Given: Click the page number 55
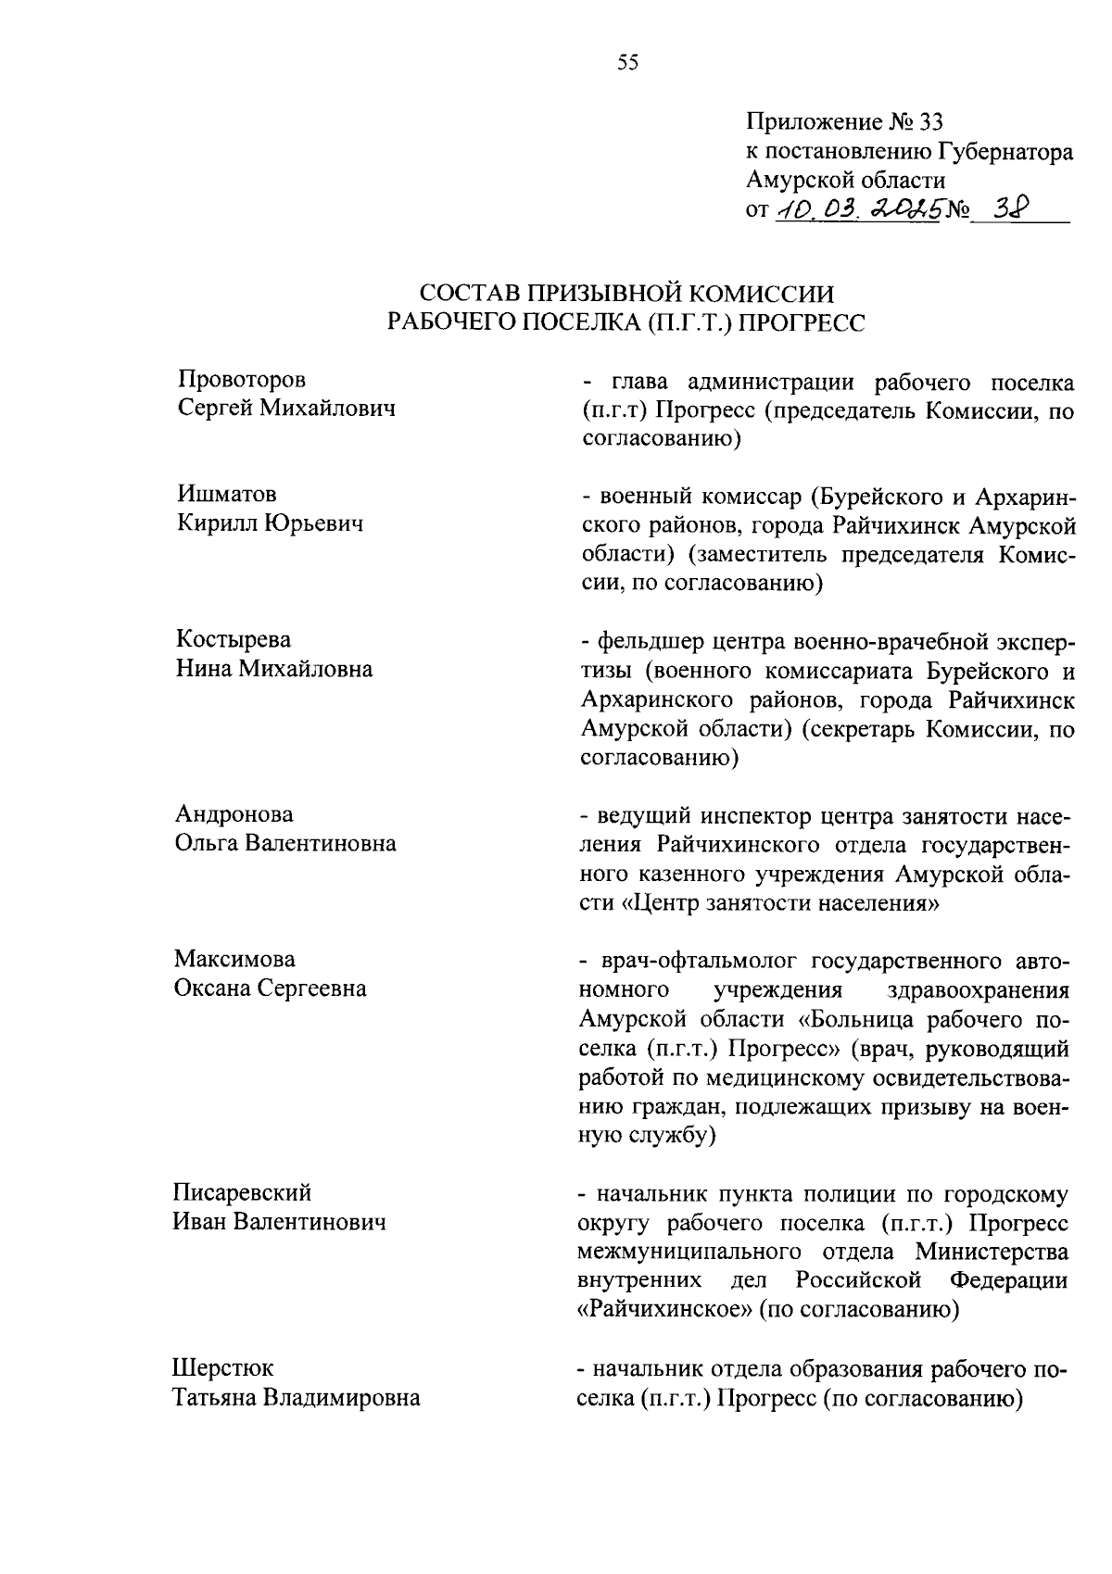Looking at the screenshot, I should [x=627, y=63].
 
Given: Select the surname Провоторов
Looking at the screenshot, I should [x=241, y=380].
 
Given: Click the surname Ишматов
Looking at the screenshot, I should [x=226, y=495].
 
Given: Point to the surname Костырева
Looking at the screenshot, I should [x=233, y=639].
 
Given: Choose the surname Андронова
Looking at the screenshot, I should [x=234, y=814].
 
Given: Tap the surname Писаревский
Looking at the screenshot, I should [x=243, y=1192].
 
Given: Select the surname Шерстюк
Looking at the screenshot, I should [x=222, y=1367].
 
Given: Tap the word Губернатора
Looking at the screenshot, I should [x=1005, y=151].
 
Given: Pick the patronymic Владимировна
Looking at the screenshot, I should [x=342, y=1397].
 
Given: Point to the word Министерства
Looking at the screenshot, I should [x=991, y=1252].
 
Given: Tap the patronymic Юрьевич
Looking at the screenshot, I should [x=313, y=523].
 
